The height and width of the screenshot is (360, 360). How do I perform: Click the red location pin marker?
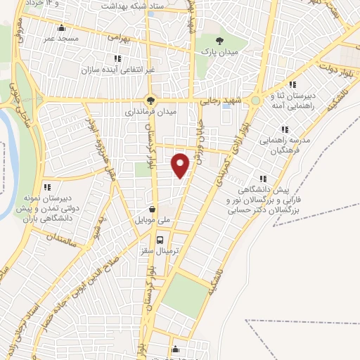(181, 165)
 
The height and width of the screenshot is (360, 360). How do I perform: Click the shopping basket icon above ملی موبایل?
(153, 209)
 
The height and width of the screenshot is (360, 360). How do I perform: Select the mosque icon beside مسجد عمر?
(62, 29)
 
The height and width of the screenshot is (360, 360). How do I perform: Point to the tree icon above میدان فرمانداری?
(149, 99)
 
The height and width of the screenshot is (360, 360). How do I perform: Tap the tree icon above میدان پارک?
(219, 41)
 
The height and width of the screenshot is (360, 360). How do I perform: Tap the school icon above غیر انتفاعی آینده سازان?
(117, 58)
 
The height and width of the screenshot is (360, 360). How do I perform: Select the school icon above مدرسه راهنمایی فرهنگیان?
(285, 129)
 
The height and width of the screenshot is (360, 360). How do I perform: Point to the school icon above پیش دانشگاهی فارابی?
(264, 179)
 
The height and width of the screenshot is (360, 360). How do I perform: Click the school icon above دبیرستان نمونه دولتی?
(47, 187)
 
